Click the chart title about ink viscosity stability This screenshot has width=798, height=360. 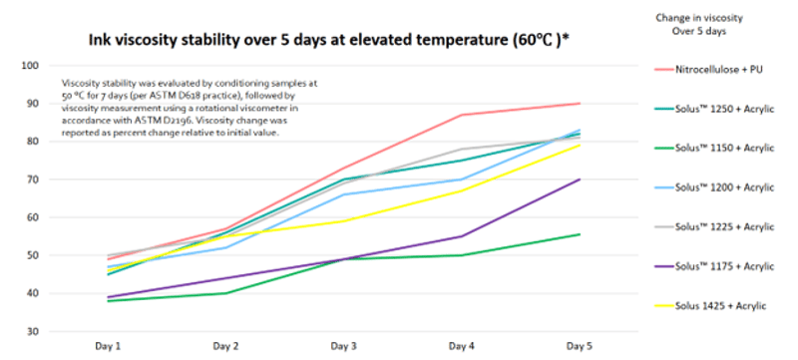pyautogui.click(x=329, y=41)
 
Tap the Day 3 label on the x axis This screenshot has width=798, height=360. pyautogui.click(x=343, y=347)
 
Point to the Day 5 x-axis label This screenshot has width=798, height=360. pyautogui.click(x=580, y=347)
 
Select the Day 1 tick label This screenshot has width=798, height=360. pyautogui.click(x=108, y=347)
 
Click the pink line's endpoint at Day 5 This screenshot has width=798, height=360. pyautogui.click(x=580, y=104)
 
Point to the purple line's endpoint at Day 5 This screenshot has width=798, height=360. pyautogui.click(x=580, y=180)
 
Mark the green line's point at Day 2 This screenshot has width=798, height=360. pyautogui.click(x=226, y=293)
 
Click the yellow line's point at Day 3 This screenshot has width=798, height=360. pyautogui.click(x=344, y=221)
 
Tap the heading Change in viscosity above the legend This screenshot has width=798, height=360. pyautogui.click(x=699, y=18)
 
